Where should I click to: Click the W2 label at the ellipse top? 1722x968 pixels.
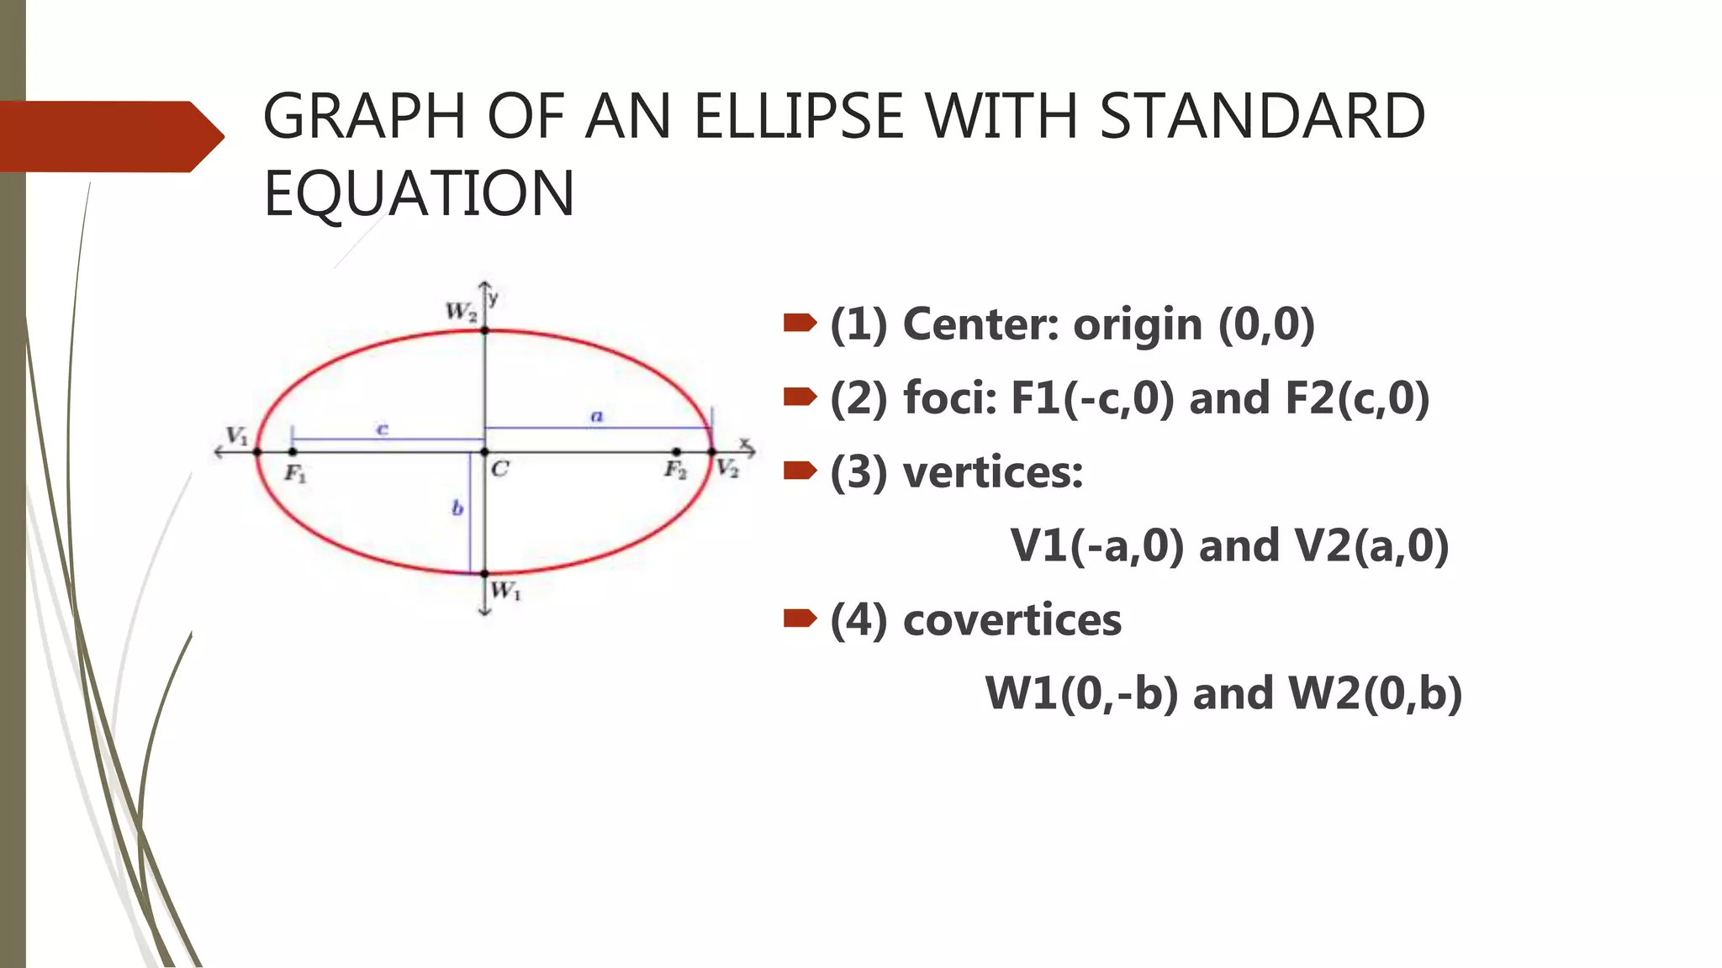(x=461, y=312)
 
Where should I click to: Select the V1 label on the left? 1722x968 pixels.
(x=237, y=436)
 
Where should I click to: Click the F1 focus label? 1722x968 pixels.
(x=295, y=474)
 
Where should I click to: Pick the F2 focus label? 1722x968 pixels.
(x=675, y=470)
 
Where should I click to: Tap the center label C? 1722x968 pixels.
(x=500, y=469)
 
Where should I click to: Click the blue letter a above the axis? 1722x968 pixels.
(x=597, y=416)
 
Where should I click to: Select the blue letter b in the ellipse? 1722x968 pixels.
(x=457, y=508)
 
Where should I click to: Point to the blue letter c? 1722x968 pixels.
(x=382, y=429)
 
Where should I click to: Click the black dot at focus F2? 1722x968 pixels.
(x=677, y=452)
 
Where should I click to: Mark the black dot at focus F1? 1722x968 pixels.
(x=292, y=452)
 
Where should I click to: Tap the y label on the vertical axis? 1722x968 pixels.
(x=494, y=297)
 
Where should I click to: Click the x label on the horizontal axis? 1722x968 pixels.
(x=744, y=442)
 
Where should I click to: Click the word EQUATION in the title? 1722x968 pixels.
(x=419, y=193)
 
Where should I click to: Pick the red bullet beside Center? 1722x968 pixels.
(x=800, y=323)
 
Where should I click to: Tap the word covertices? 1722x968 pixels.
(x=1012, y=620)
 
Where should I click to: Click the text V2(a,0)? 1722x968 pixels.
(x=1372, y=546)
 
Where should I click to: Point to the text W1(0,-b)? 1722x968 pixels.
(x=1081, y=694)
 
